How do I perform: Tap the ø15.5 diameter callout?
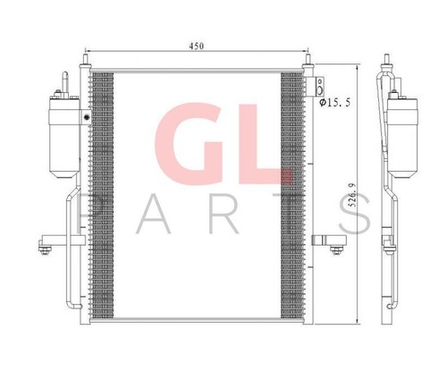pos(334,104)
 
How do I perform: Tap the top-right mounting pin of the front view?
pos(309,64)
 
